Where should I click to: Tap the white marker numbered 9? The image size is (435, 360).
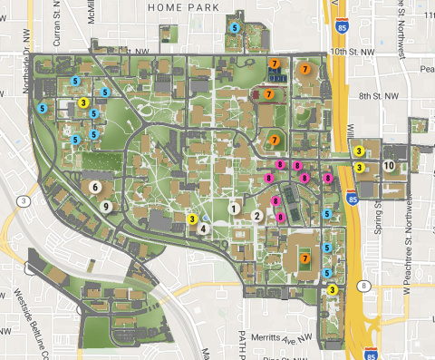tap(107, 207)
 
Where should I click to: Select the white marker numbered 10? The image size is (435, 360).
tap(389, 166)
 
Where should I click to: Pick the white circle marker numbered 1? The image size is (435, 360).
tap(235, 208)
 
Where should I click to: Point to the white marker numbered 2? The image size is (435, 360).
tap(257, 216)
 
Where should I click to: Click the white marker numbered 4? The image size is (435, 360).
tap(204, 229)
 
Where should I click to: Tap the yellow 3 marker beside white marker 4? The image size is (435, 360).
tap(193, 218)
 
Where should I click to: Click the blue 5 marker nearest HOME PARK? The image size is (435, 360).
tap(236, 28)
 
